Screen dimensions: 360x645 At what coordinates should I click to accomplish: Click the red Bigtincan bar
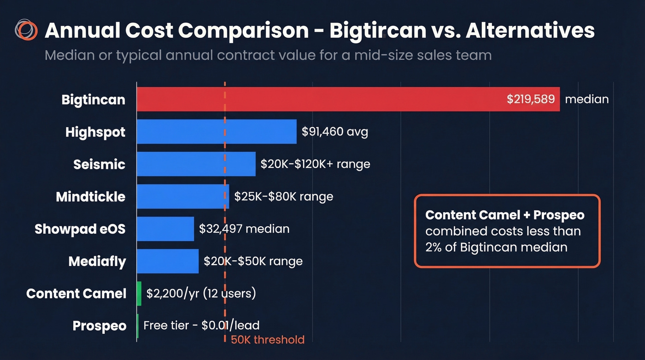click(x=322, y=99)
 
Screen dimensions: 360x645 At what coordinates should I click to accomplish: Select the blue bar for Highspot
click(x=217, y=132)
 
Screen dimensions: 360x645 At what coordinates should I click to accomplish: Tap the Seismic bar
click(x=196, y=164)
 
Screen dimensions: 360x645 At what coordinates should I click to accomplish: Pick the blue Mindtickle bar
click(x=182, y=196)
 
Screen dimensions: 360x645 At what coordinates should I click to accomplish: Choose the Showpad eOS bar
click(x=165, y=229)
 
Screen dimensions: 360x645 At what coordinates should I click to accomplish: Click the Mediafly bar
click(x=168, y=261)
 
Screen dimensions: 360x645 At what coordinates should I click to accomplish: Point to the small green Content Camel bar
click(x=139, y=294)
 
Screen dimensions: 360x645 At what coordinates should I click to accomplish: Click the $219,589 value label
click(x=531, y=99)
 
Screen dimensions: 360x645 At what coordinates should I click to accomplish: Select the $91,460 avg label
click(x=335, y=132)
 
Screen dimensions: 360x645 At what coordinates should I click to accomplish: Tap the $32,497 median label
click(x=244, y=229)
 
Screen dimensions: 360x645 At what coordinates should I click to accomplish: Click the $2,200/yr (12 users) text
click(x=201, y=293)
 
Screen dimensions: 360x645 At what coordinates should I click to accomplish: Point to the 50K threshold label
click(x=268, y=340)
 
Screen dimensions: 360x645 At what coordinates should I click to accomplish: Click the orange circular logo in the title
click(x=26, y=30)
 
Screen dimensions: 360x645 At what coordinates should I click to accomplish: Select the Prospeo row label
click(x=100, y=326)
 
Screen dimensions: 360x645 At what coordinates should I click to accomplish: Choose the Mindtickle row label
click(x=91, y=197)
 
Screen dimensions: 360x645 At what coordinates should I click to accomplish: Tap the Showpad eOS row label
click(x=80, y=229)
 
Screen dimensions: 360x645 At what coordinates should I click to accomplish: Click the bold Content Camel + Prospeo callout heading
click(x=505, y=215)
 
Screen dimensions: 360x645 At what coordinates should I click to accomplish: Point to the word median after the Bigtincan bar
click(x=586, y=99)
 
